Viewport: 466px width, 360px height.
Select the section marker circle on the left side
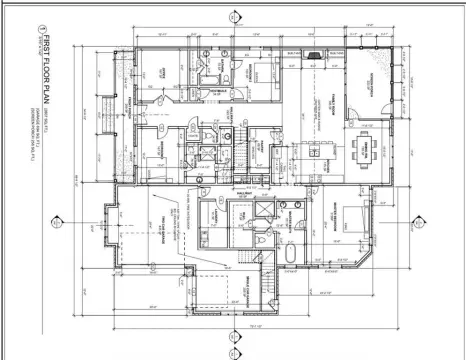point(62,222)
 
